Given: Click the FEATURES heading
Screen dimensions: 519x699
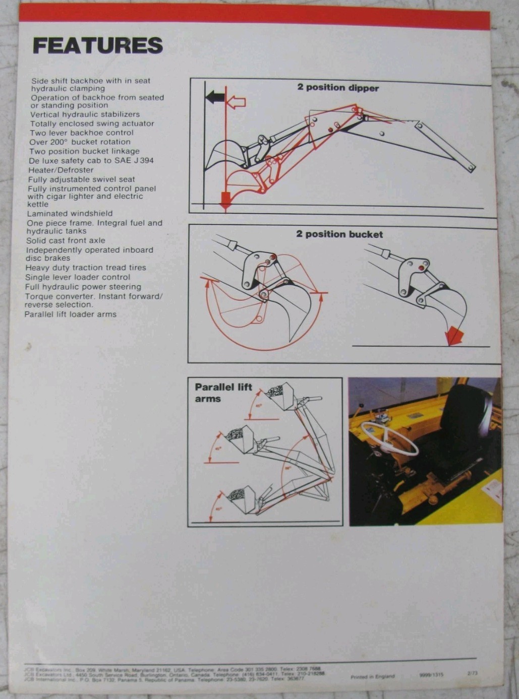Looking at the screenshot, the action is point(97,45).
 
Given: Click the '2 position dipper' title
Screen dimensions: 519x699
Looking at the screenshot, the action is point(337,88).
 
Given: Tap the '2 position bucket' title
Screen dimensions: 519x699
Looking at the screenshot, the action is point(339,234).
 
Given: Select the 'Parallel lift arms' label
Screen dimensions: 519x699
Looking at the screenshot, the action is point(223,393).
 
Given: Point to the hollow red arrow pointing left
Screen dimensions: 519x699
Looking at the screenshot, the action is point(236,103).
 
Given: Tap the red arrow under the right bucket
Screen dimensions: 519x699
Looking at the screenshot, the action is point(455,335).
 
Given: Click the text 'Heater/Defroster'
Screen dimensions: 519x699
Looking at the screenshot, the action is point(61,170).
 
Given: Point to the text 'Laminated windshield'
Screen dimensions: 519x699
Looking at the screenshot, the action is point(70,213).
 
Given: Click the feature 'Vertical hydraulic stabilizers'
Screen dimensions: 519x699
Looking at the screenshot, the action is point(85,114).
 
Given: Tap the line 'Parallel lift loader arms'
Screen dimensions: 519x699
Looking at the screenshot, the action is point(70,314).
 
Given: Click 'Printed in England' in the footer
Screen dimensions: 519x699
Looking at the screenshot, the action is point(372,676).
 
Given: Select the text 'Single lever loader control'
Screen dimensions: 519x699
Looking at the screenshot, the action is point(78,277).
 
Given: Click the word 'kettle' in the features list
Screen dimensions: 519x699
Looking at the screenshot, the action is point(38,204).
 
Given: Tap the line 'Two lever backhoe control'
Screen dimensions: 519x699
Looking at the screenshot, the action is point(81,133).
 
